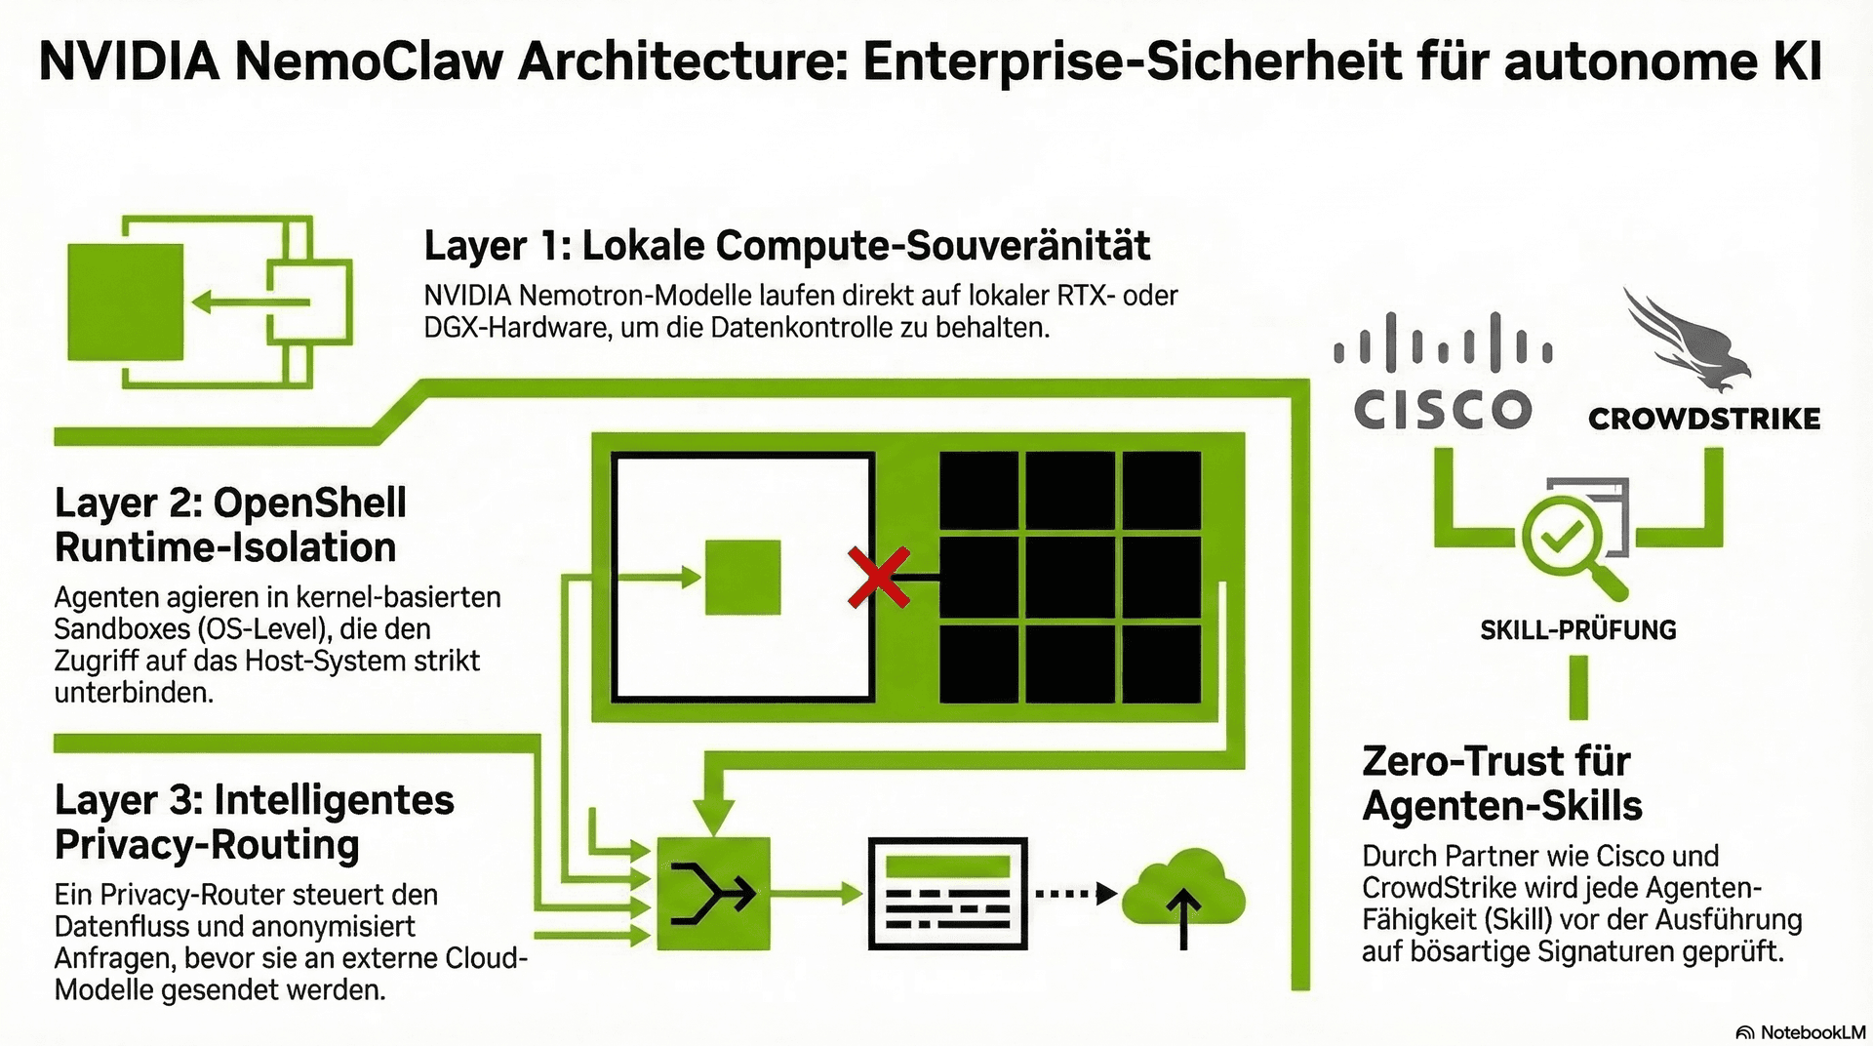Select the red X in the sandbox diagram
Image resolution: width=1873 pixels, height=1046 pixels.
click(x=879, y=578)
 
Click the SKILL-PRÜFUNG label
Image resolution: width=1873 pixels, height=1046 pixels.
click(x=1577, y=630)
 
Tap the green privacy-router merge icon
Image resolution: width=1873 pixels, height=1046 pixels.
click(x=713, y=893)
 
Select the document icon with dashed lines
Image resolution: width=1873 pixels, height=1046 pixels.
click(x=947, y=893)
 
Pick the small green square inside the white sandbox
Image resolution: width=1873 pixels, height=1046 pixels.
click(x=742, y=578)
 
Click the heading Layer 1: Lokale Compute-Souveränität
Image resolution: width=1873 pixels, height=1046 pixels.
click(x=786, y=246)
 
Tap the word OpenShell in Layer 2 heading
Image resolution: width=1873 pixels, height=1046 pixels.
click(x=309, y=503)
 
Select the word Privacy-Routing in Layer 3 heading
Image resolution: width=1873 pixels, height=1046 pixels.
click(x=207, y=845)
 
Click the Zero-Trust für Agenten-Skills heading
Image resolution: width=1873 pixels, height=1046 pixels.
click(x=1501, y=784)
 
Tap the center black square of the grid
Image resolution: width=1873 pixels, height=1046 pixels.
click(x=1069, y=578)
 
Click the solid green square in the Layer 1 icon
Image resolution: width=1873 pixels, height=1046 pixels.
click(x=125, y=302)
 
